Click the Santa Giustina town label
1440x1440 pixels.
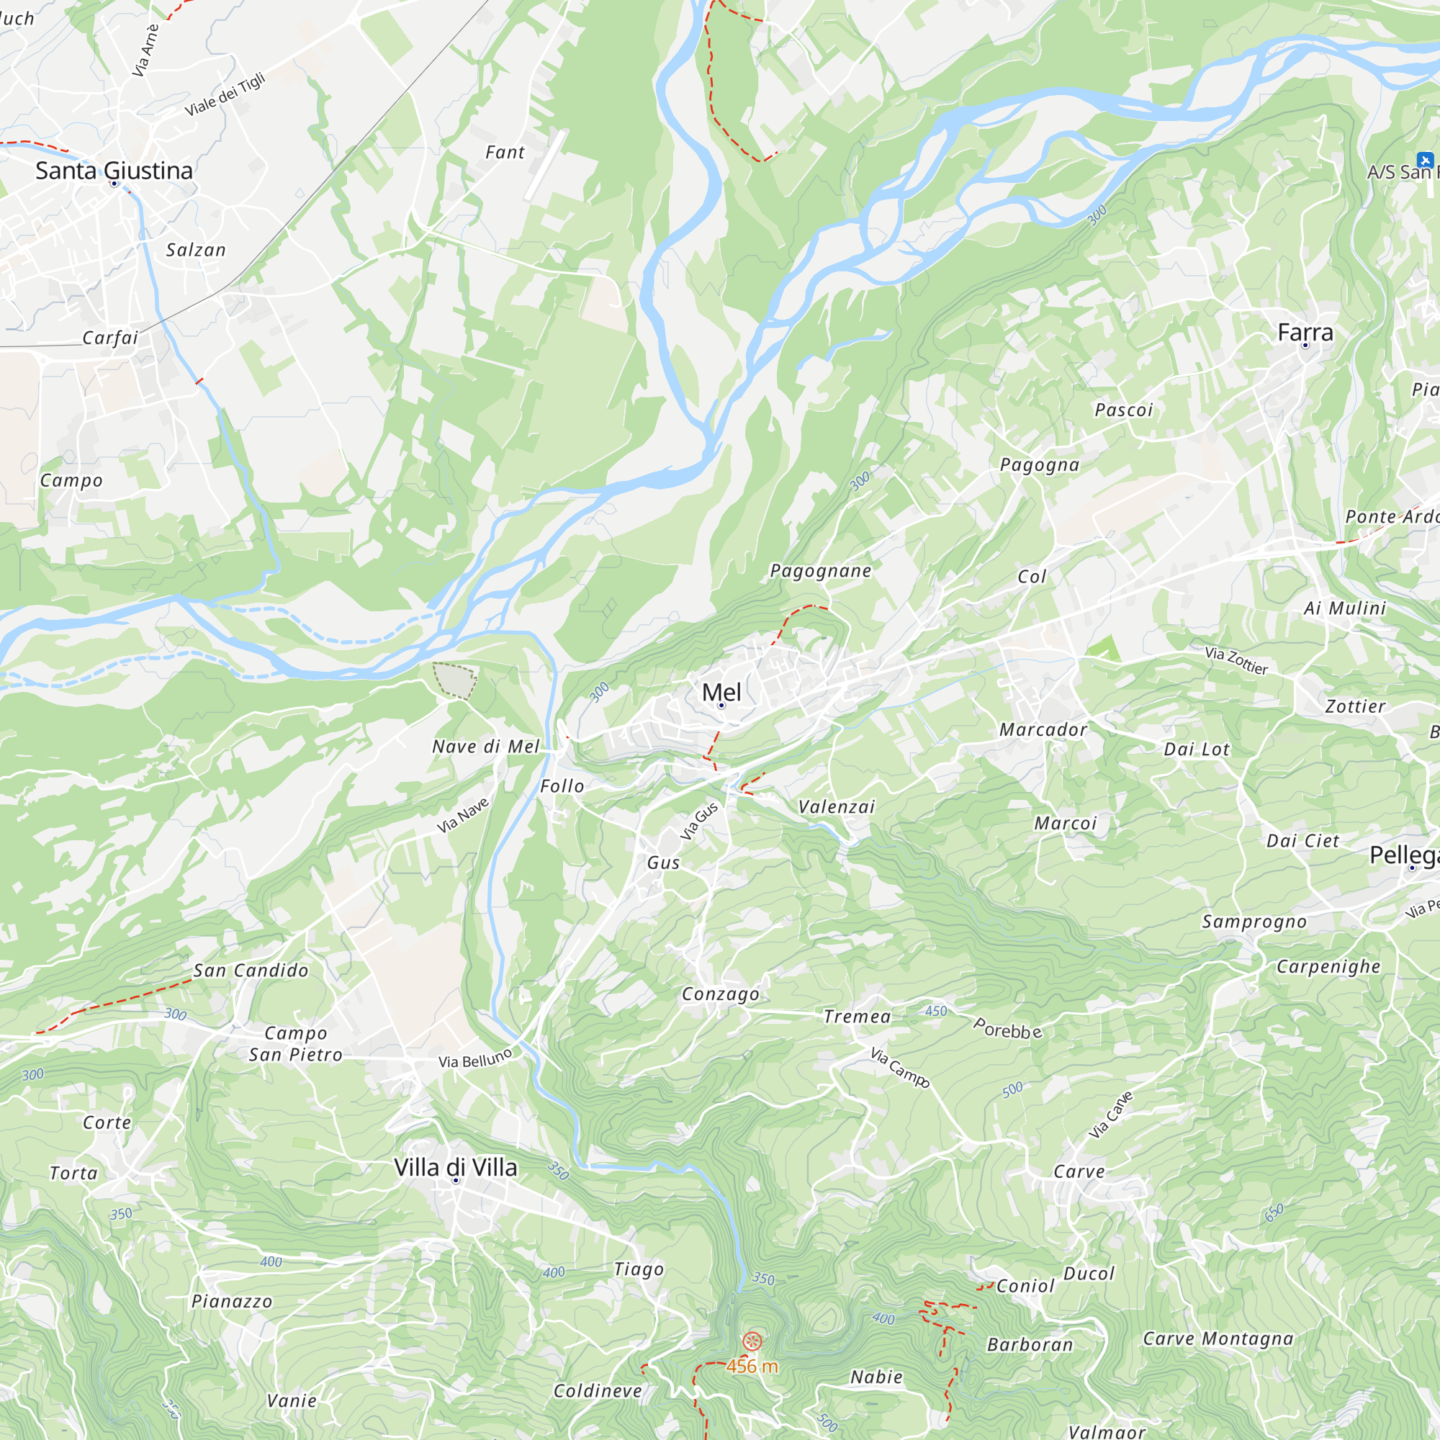pos(114,171)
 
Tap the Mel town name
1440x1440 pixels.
pos(721,692)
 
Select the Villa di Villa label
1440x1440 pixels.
pos(456,1167)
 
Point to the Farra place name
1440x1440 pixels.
pos(1305,333)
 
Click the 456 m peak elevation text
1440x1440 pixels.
pos(752,1367)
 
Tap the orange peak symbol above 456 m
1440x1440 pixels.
pos(753,1341)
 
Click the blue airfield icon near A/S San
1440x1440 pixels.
pos(1425,160)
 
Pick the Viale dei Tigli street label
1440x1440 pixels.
pos(225,94)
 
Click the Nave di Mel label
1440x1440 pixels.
pos(486,747)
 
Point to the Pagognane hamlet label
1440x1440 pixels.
pos(821,571)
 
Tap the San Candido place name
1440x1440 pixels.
pos(251,971)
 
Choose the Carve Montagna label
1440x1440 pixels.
pos(1219,1338)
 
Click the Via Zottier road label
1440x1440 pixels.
pos(1236,660)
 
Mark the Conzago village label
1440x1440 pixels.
pos(721,994)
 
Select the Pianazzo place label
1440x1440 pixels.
pos(232,1301)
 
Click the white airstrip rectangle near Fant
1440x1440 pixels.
pos(546,165)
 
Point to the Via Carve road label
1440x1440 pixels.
pos(1110,1115)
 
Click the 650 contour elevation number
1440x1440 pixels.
pos(1274,1212)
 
